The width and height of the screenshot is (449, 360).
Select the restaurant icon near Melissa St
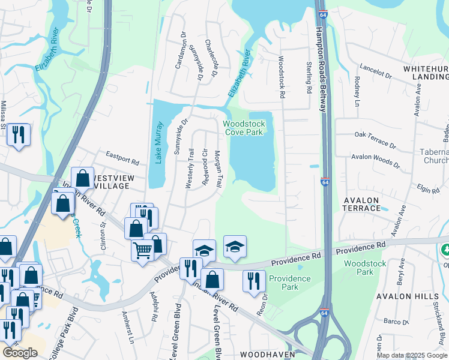pyautogui.click(x=19, y=134)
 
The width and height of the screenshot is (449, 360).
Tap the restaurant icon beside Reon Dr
pyautogui.click(x=254, y=281)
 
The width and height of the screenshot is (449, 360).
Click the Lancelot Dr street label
pyautogui.click(x=375, y=72)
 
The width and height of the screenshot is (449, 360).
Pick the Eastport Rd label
pyautogui.click(x=122, y=159)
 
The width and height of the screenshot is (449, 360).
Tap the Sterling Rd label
pyautogui.click(x=309, y=77)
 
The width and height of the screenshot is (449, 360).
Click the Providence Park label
pyautogui.click(x=290, y=283)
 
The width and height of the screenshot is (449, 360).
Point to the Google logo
pyautogui.click(x=20, y=352)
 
